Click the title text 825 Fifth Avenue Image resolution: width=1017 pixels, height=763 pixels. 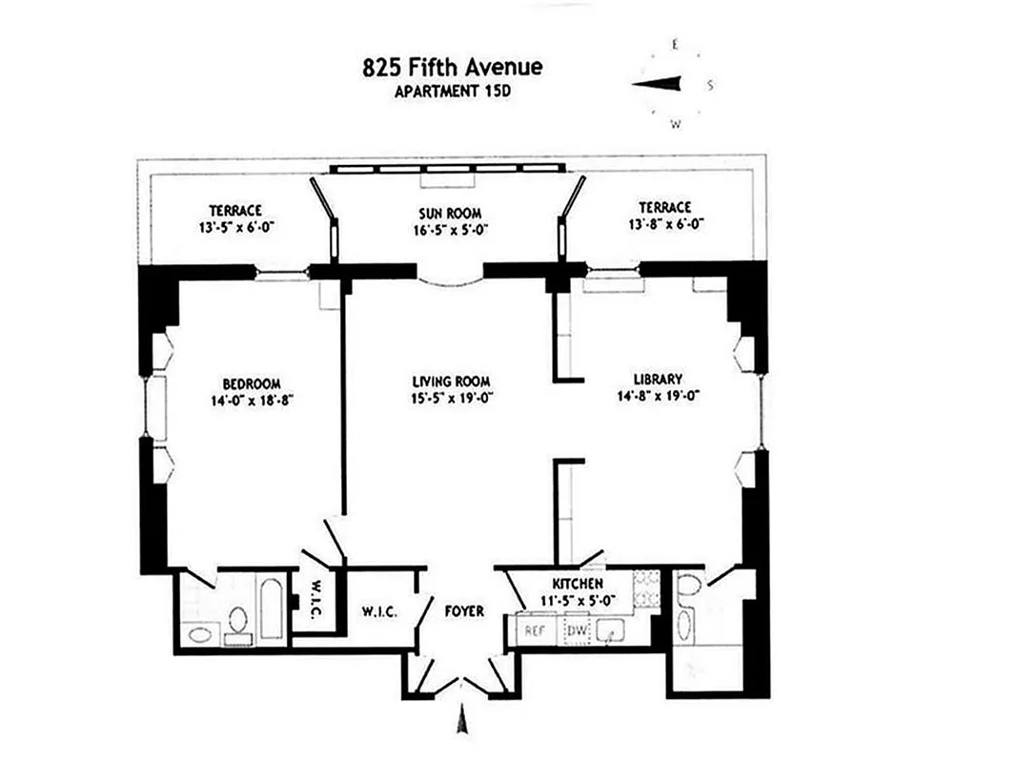tap(453, 68)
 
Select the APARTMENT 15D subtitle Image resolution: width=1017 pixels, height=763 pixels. tap(453, 92)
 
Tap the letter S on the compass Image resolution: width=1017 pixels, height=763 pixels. tap(710, 85)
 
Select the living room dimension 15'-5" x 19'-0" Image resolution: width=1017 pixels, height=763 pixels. tap(445, 398)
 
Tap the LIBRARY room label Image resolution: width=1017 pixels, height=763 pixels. tap(659, 379)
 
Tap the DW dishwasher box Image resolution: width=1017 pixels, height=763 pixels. tap(577, 630)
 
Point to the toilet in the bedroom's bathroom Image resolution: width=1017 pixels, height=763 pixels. tap(238, 621)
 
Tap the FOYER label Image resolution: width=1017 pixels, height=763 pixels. tap(463, 610)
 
